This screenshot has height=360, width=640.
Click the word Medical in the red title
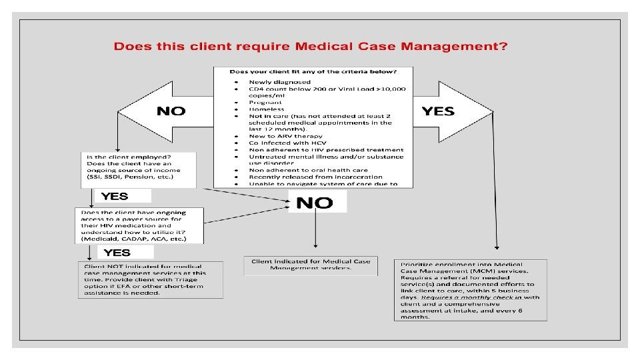[x=329, y=47]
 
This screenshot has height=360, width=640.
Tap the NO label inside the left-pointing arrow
[x=171, y=111]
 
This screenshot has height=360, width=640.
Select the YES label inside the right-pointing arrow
[x=438, y=111]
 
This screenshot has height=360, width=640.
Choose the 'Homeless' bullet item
[x=267, y=109]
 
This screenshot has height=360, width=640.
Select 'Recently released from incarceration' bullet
[x=316, y=177]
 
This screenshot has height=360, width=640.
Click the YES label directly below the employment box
[x=115, y=197]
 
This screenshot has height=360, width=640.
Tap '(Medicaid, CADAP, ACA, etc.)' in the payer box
[x=133, y=239]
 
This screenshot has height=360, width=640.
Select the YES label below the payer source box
[x=117, y=253]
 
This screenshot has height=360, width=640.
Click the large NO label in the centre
[x=314, y=203]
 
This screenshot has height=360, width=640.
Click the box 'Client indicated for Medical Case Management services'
[x=311, y=265]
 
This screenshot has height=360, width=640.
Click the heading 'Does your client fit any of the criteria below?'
[x=313, y=71]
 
